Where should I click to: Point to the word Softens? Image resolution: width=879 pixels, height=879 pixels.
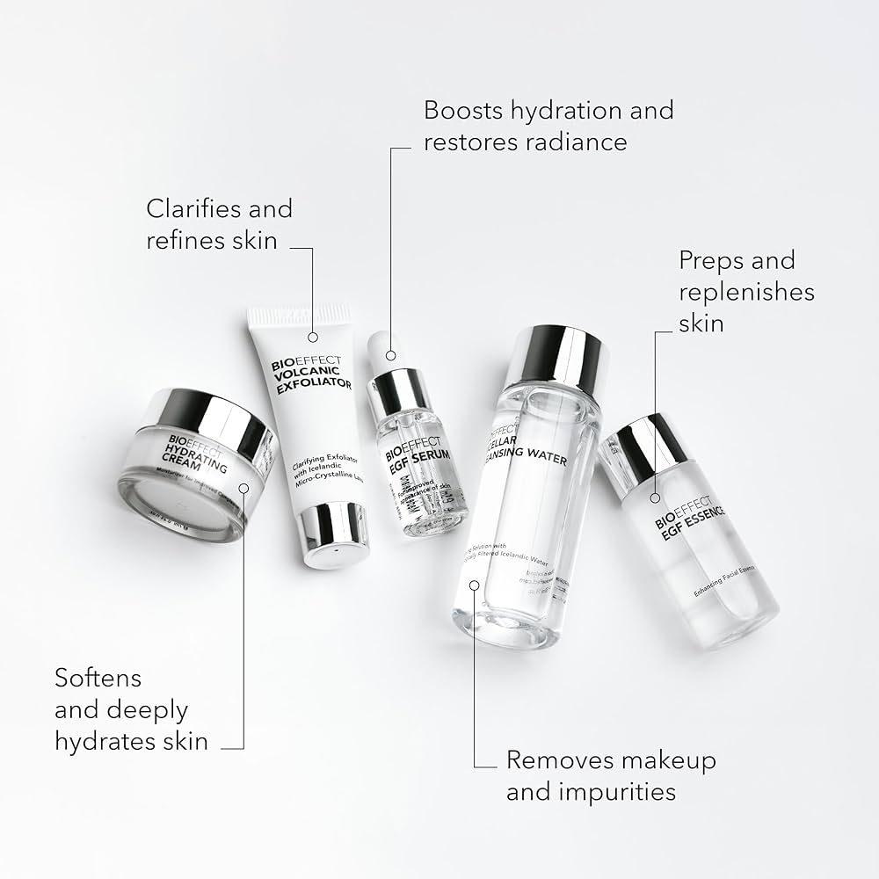click(98, 679)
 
